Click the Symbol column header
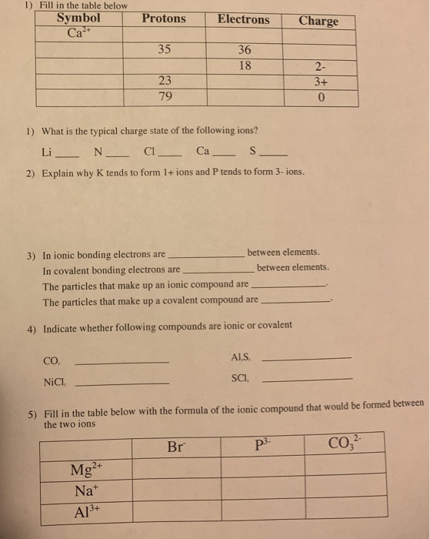[x=78, y=18]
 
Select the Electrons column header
[x=243, y=19]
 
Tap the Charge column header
[x=318, y=21]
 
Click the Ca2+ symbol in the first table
[x=77, y=34]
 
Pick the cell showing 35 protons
[x=164, y=50]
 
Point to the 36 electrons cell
[x=245, y=51]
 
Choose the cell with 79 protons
[x=165, y=97]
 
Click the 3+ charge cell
[x=322, y=82]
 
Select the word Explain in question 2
[x=62, y=173]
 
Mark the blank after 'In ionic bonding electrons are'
[x=205, y=255]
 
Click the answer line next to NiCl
[x=123, y=383]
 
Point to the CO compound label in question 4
[x=52, y=360]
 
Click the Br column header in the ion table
[x=177, y=446]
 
